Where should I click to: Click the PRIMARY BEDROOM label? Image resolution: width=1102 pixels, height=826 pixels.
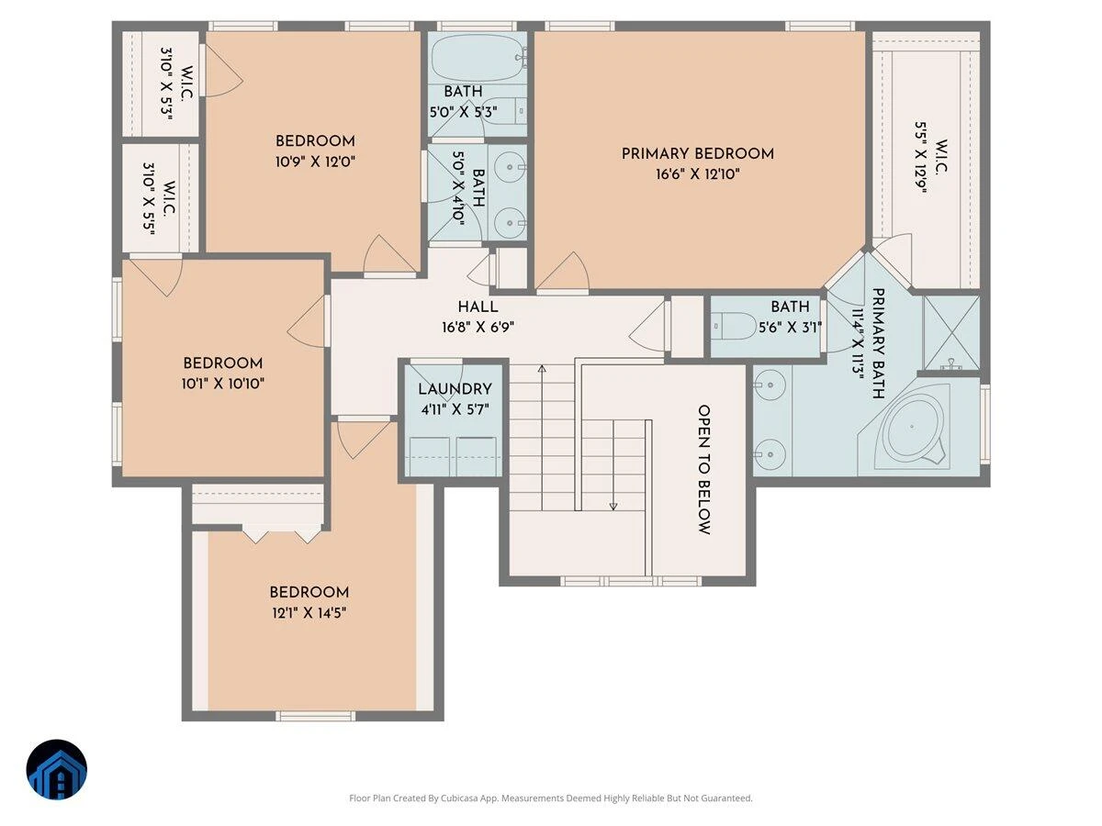click(697, 154)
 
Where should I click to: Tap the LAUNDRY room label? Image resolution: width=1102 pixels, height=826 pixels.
click(455, 389)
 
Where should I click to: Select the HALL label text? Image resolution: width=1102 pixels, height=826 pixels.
click(478, 307)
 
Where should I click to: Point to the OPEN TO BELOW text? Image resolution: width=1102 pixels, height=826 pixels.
click(703, 470)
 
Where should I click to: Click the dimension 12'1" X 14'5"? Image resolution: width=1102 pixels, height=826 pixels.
click(309, 613)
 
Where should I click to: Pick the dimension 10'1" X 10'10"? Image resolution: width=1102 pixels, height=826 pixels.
click(223, 385)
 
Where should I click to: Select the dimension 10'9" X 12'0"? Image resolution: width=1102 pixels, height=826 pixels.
click(315, 162)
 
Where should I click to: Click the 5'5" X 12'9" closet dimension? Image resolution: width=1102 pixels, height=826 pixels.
click(920, 158)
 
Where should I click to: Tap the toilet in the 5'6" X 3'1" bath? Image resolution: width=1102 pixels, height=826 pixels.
click(734, 326)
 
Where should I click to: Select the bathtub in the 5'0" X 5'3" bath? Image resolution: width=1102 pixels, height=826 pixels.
click(477, 58)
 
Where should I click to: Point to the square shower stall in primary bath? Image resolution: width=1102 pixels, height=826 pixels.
click(951, 333)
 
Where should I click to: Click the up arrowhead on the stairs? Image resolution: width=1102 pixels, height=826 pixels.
click(542, 369)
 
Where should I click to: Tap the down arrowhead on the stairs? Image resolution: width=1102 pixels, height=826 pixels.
click(613, 507)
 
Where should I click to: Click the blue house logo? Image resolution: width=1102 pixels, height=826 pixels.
click(57, 770)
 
